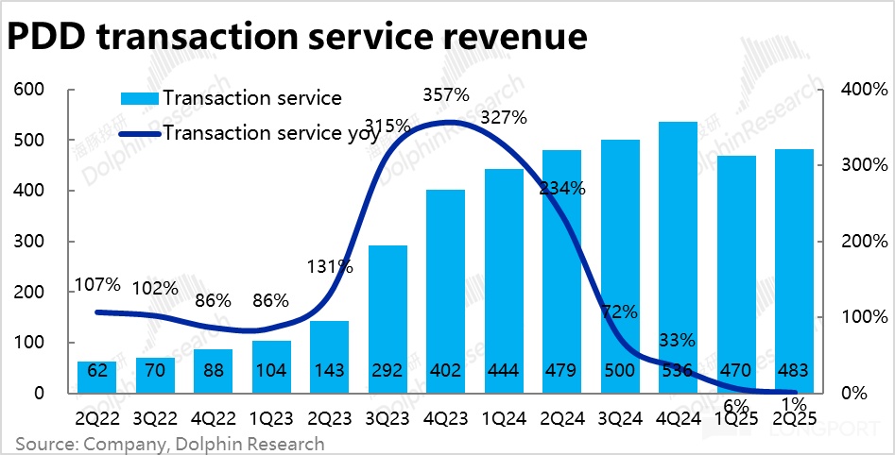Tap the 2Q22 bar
pos(97,377)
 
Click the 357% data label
pos(446,95)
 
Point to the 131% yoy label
pos(330,266)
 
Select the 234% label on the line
pos(562,188)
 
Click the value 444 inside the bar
pos(504,369)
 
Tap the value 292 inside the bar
pos(387,369)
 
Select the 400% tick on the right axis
pos(864,90)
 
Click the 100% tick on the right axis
pos(864,317)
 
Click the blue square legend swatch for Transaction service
pos(139,98)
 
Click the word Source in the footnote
pos(45,444)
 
